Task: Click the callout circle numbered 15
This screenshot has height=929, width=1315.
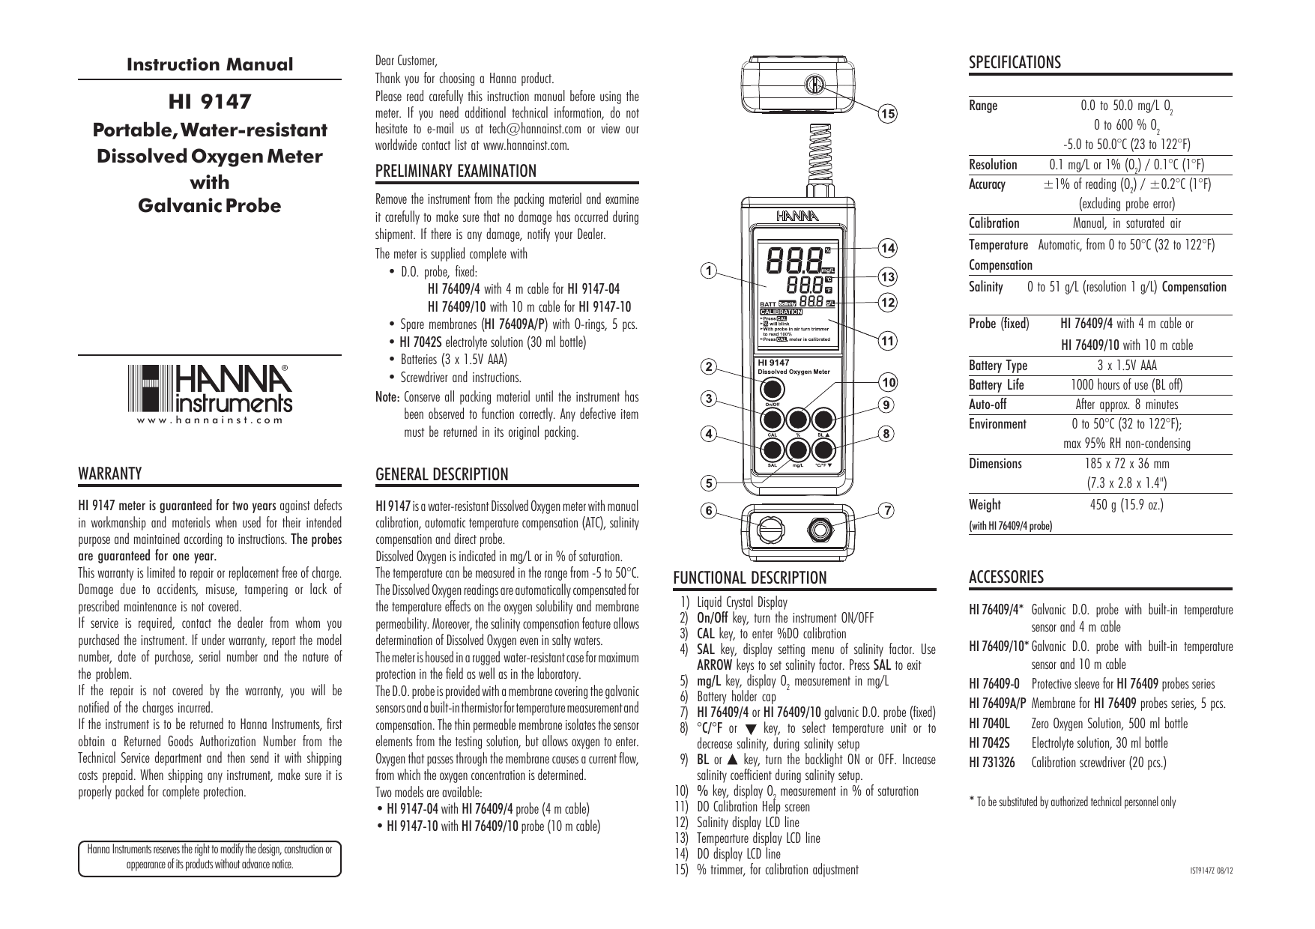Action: pos(887,115)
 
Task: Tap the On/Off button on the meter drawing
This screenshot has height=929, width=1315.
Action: pos(773,389)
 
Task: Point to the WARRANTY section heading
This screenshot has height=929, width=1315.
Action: pos(110,473)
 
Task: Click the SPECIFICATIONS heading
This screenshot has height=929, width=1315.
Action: pos(1015,63)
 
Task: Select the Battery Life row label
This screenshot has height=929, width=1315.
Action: pos(996,385)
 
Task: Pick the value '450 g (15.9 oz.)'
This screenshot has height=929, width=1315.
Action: pos(1126,505)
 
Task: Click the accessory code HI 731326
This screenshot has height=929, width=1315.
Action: pos(992,763)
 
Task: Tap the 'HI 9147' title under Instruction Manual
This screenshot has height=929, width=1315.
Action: pos(209,100)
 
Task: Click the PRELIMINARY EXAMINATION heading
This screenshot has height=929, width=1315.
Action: pos(456,171)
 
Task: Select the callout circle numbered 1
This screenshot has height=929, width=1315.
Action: pos(706,270)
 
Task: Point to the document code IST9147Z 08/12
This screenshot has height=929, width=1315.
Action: pos(1211,871)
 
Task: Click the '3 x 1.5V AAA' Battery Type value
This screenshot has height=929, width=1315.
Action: pos(1126,366)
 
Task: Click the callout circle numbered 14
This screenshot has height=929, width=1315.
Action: pos(887,248)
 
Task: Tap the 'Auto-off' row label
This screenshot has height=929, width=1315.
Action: pos(988,405)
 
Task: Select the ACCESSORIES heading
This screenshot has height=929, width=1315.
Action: pos(1006,577)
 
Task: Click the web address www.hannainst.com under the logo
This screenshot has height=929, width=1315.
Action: pos(209,420)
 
